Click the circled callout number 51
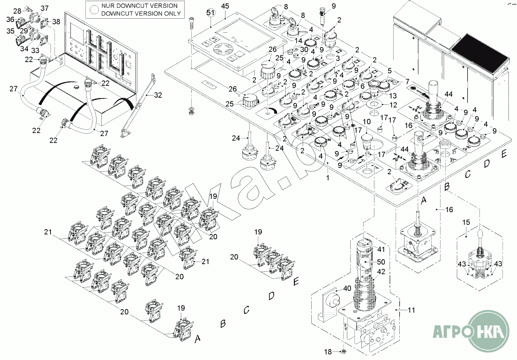(210, 13)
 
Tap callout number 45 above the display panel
(225, 6)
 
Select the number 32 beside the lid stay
(158, 95)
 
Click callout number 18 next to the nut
(328, 352)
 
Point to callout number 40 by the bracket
(347, 288)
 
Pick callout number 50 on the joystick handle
(381, 262)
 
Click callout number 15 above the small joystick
(466, 223)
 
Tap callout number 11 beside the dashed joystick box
(412, 310)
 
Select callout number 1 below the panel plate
(328, 178)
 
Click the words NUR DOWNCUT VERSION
(139, 6)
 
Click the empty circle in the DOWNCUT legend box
(94, 10)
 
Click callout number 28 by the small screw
(17, 11)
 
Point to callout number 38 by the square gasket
(56, 22)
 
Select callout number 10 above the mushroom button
(367, 121)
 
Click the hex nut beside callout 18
(344, 352)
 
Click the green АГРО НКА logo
(471, 331)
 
